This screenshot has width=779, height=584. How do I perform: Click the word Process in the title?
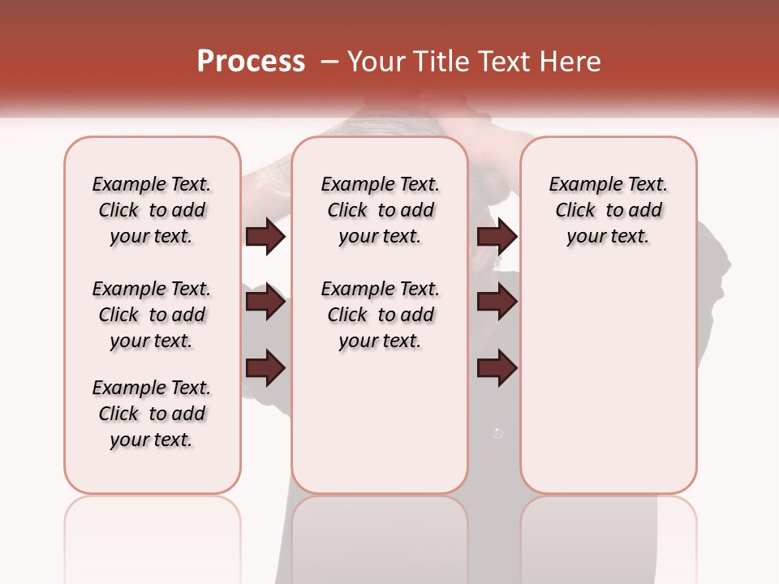[251, 62]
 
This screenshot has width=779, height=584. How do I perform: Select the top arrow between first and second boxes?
[265, 236]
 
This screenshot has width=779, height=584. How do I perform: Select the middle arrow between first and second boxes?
[265, 302]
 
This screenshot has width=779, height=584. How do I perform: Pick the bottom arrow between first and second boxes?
[265, 367]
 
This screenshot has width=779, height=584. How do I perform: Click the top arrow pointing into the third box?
[497, 236]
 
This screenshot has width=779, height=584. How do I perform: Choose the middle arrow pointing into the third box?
[497, 302]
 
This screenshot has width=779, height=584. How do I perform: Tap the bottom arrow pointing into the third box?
[497, 367]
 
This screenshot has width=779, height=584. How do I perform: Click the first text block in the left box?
[152, 210]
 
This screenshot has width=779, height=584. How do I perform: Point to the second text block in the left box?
[152, 315]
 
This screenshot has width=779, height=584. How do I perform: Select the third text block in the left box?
[152, 414]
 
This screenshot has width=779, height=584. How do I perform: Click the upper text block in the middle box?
[381, 210]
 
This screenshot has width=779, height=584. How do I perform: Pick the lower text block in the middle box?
[381, 315]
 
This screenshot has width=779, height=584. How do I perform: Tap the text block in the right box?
[609, 210]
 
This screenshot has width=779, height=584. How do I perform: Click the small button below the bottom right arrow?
[498, 434]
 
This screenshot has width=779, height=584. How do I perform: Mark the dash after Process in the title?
[329, 62]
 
